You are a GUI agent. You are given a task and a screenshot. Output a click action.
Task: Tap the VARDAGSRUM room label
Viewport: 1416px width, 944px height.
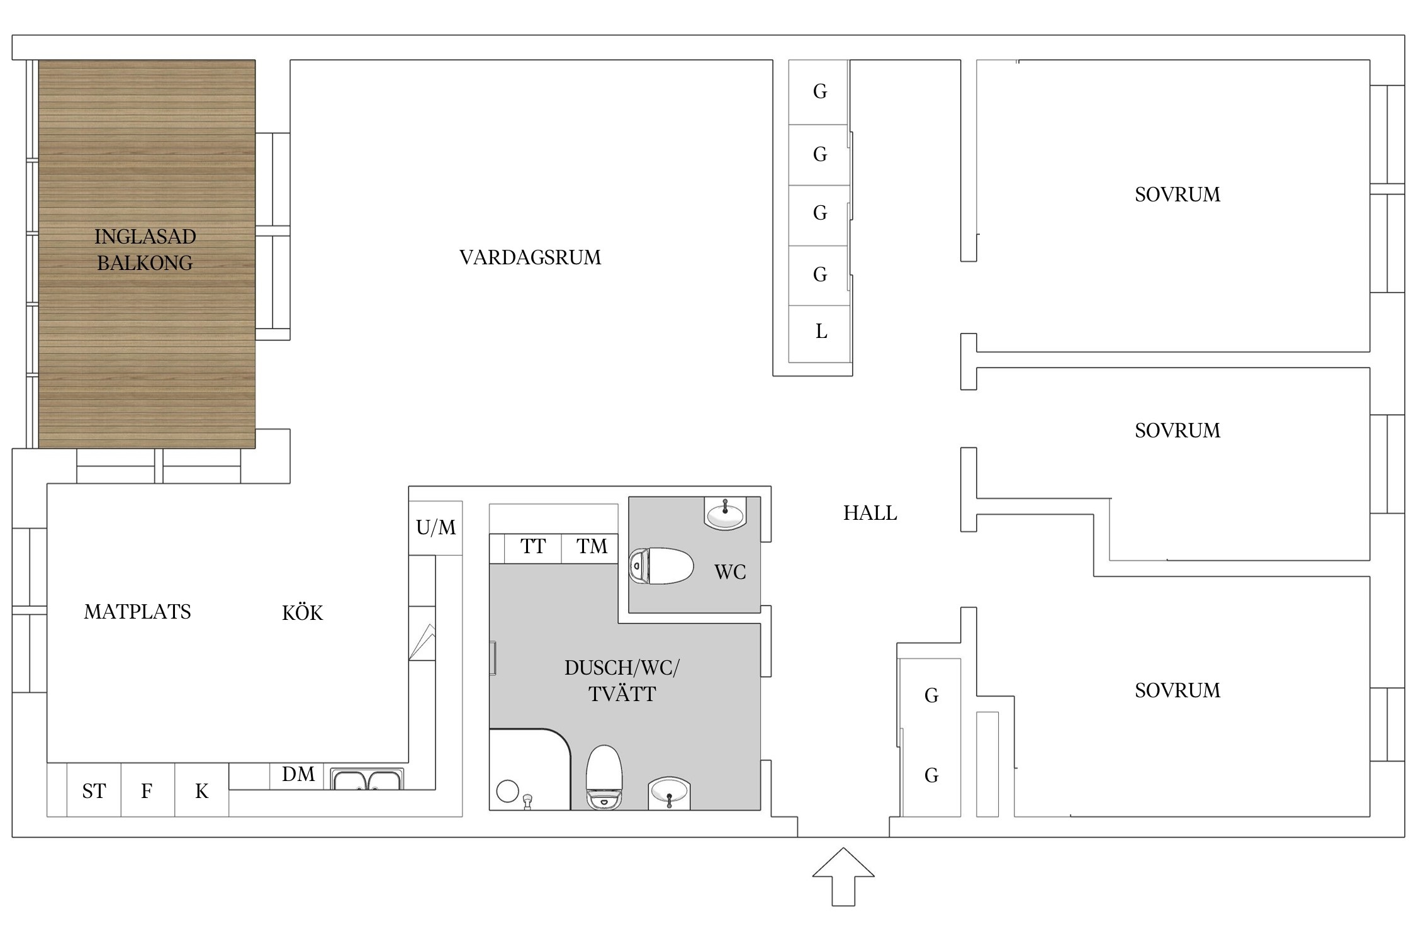[530, 257]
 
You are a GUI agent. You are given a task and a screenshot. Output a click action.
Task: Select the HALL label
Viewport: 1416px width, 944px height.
[870, 513]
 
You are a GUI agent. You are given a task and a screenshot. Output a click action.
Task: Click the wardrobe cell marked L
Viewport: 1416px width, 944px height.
[821, 332]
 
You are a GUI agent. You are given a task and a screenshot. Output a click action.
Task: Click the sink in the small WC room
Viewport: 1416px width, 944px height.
[725, 514]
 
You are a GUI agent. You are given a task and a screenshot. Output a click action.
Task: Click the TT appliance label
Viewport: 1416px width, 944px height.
[533, 546]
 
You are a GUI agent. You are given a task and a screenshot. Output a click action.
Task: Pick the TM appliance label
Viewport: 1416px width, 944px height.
[592, 546]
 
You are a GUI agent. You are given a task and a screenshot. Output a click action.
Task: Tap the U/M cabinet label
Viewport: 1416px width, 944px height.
[435, 527]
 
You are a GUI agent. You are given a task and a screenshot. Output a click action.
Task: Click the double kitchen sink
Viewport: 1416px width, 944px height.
[367, 780]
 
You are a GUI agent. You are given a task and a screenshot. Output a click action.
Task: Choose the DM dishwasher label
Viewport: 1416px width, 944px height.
[298, 774]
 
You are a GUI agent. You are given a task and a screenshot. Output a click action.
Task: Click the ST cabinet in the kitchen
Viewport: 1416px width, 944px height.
[94, 791]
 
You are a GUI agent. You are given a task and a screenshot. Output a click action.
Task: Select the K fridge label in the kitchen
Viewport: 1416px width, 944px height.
[201, 791]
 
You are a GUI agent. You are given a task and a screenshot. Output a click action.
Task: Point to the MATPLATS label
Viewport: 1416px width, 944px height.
[137, 612]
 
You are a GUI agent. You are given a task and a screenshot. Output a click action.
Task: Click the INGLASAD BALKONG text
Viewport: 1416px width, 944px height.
[145, 249]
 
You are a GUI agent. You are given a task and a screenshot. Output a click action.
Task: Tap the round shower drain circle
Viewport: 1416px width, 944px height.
[507, 791]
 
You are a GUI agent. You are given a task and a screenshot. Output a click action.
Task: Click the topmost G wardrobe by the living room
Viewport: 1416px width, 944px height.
[819, 92]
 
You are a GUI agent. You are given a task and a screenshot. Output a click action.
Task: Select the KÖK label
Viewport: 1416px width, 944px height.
[302, 613]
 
